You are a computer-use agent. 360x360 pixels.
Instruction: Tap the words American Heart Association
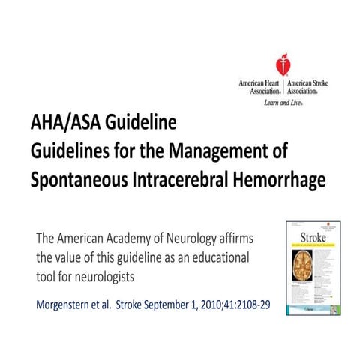259,85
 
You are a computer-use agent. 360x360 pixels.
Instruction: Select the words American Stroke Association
306,85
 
